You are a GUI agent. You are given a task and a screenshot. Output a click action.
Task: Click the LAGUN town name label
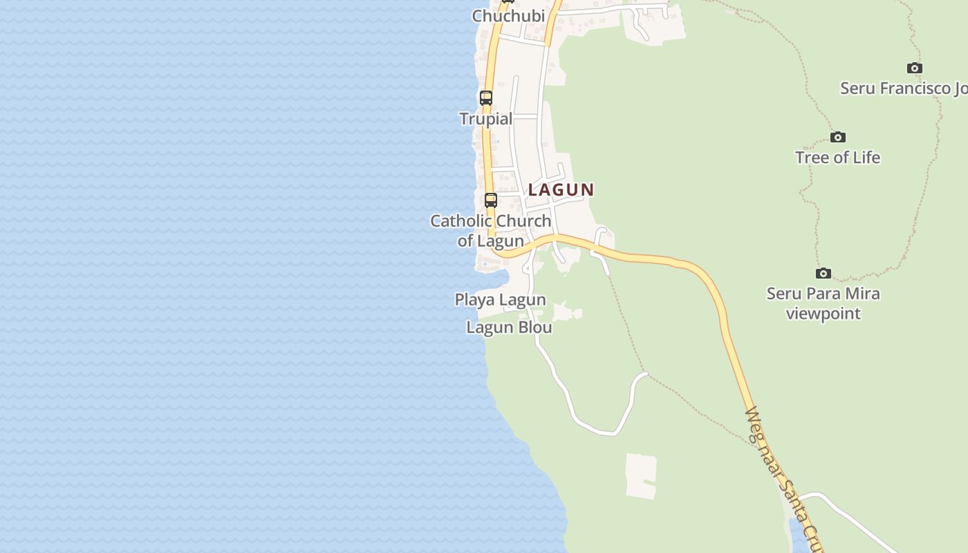pyautogui.click(x=561, y=189)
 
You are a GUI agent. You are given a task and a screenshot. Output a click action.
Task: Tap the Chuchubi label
pyautogui.click(x=508, y=15)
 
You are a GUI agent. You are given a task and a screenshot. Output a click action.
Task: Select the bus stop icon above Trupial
pyautogui.click(x=486, y=98)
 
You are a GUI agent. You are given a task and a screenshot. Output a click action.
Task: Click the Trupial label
pyautogui.click(x=486, y=119)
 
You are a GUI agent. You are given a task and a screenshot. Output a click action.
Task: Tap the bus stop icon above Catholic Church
pyautogui.click(x=490, y=200)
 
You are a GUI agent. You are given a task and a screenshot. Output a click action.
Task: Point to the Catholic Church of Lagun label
pyautogui.click(x=491, y=231)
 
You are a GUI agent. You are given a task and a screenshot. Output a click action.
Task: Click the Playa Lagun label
pyautogui.click(x=500, y=299)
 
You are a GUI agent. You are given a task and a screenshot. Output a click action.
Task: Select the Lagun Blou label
pyautogui.click(x=509, y=327)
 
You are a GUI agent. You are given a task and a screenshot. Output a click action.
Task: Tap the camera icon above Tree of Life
pyautogui.click(x=837, y=137)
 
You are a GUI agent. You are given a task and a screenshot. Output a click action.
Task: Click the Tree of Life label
pyautogui.click(x=837, y=158)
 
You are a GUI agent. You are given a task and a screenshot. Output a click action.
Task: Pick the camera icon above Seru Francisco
pyautogui.click(x=914, y=68)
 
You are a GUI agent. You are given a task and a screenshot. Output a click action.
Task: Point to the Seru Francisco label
pyautogui.click(x=903, y=88)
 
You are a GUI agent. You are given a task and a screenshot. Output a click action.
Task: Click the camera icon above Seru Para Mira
pyautogui.click(x=823, y=273)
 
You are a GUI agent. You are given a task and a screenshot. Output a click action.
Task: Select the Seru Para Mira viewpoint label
pyautogui.click(x=823, y=303)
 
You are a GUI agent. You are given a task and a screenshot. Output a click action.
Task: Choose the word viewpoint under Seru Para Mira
pyautogui.click(x=823, y=313)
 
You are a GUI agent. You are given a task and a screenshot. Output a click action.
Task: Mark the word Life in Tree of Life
pyautogui.click(x=865, y=158)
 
